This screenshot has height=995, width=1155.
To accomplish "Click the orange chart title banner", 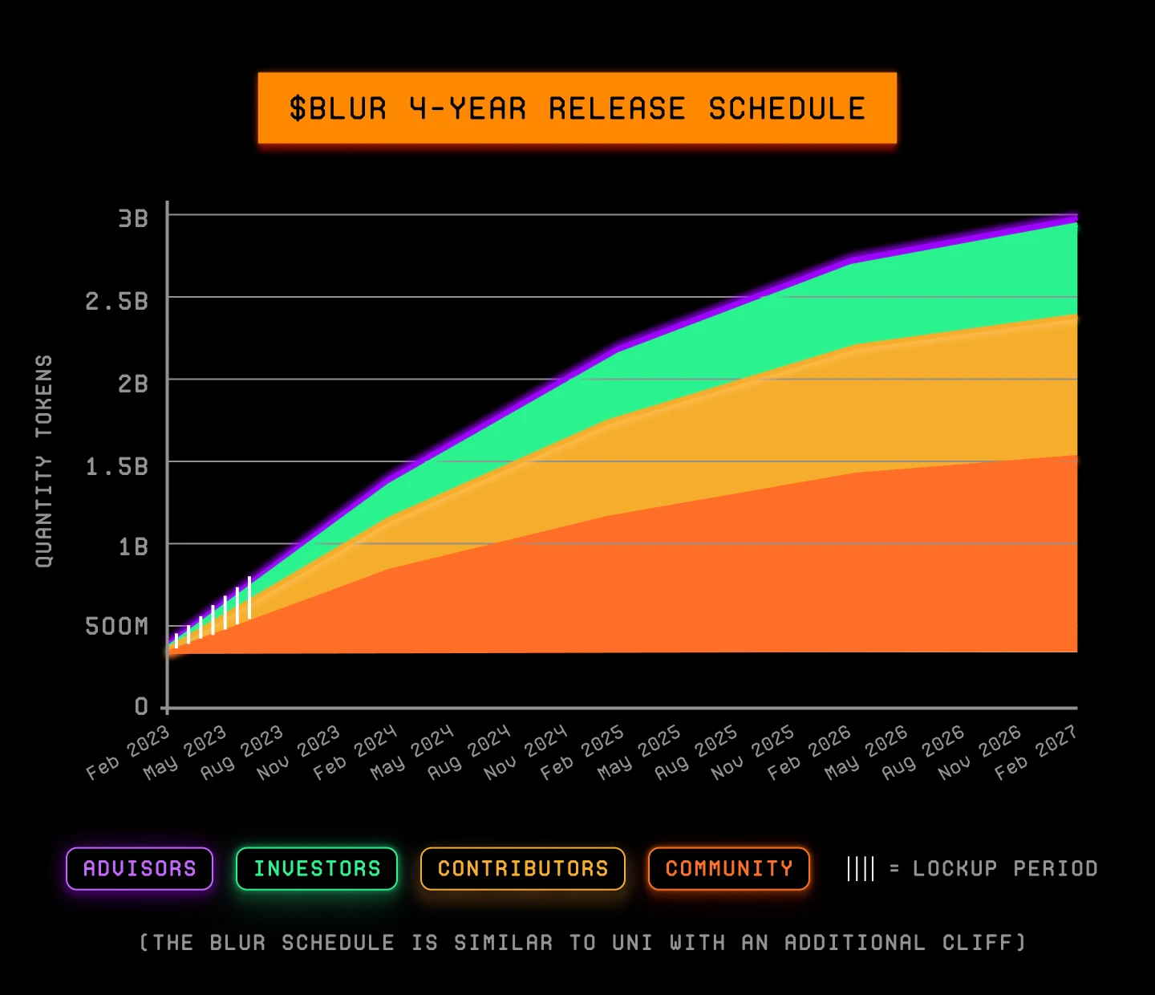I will pyautogui.click(x=577, y=108).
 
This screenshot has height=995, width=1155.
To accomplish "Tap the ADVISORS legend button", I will pyautogui.click(x=140, y=868).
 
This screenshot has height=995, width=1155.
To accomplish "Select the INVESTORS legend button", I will pyautogui.click(x=317, y=868).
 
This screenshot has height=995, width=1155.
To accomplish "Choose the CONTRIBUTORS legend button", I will pyautogui.click(x=523, y=868).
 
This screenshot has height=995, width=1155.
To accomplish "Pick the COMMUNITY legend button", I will pyautogui.click(x=729, y=868).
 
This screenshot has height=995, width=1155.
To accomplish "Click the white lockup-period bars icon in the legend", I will pyautogui.click(x=861, y=868).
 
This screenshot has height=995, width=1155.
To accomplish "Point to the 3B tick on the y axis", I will pyautogui.click(x=133, y=218).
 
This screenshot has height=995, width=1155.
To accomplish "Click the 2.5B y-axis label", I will pyautogui.click(x=117, y=301).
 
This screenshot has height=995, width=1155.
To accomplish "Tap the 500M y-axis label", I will pyautogui.click(x=117, y=626).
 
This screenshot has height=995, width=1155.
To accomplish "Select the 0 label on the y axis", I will pyautogui.click(x=141, y=706).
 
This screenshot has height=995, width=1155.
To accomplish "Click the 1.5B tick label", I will pyautogui.click(x=117, y=466).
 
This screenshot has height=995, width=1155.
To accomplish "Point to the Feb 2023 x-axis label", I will pyautogui.click(x=128, y=752).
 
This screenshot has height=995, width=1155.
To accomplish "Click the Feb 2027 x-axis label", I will pyautogui.click(x=1036, y=752).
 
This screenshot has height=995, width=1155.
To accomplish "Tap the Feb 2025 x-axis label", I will pyautogui.click(x=582, y=752).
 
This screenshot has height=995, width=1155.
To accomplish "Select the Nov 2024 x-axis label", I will pyautogui.click(x=525, y=752).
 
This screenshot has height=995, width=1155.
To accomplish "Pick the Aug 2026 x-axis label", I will pyautogui.click(x=923, y=752).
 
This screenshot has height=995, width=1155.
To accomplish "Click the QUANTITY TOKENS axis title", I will pyautogui.click(x=44, y=461).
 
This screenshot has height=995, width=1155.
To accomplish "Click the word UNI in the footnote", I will pyautogui.click(x=633, y=942).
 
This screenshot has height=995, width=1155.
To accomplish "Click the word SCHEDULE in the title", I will pyautogui.click(x=787, y=108).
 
